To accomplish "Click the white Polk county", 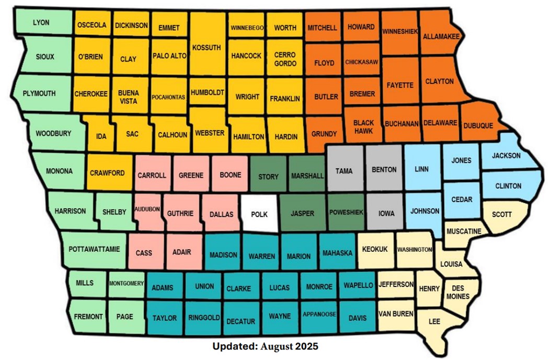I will point(260,214).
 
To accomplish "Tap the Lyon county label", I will point(41,23).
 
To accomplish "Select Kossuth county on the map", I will point(207,48).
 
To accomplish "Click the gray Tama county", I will point(344,171).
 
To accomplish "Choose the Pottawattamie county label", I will point(94,249).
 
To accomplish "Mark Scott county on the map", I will point(502,214).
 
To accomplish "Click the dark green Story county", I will point(268,177).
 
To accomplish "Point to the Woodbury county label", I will point(53,134).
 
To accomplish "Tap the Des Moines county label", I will point(457,293).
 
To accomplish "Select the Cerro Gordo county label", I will point(285,59).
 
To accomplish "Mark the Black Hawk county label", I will point(363,127).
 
